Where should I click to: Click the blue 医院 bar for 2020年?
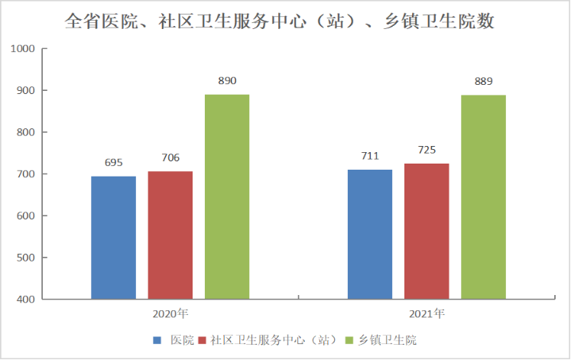[x=113, y=237]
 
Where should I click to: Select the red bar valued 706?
[x=170, y=235]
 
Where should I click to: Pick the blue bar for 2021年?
[x=370, y=234]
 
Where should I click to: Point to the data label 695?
[x=113, y=163]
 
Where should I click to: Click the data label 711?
[x=370, y=156]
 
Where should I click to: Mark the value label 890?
[x=227, y=80]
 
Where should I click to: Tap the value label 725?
[x=427, y=150]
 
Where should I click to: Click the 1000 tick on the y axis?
[x=24, y=49]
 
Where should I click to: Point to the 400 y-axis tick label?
[x=28, y=300]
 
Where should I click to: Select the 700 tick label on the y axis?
[x=28, y=174]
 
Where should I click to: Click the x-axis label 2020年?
[x=170, y=313]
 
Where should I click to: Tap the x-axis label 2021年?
[x=427, y=313]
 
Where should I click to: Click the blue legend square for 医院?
[x=157, y=339]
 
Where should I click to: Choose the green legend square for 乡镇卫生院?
[x=351, y=339]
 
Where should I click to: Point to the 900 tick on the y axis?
[x=28, y=91]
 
